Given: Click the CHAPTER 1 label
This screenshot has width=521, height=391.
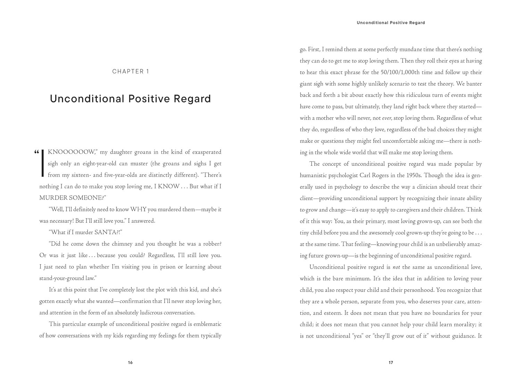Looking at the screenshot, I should click(x=131, y=72).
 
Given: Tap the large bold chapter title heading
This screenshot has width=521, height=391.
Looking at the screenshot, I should click(x=130, y=99).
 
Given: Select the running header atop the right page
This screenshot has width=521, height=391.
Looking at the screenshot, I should click(x=391, y=23).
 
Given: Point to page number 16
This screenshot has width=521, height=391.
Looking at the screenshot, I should click(x=130, y=363).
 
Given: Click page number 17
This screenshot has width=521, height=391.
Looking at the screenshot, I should click(x=391, y=363).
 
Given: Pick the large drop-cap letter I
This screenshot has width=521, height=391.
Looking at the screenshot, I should click(x=42, y=163).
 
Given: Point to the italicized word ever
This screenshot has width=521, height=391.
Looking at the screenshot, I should click(x=387, y=118).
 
